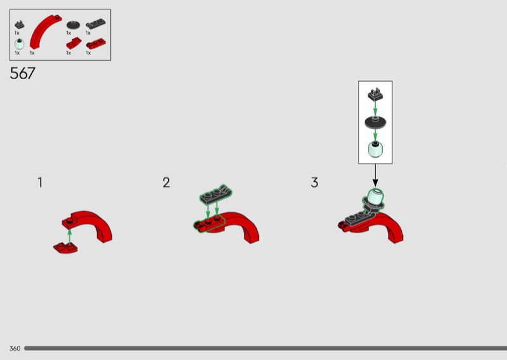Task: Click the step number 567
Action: point(22,73)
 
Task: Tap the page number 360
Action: point(15,349)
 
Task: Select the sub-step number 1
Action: point(40,183)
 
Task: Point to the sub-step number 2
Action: point(166,183)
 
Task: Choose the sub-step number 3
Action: point(314,183)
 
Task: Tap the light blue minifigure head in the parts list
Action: point(20,44)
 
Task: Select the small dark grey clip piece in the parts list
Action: point(20,25)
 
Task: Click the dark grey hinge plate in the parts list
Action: point(96,24)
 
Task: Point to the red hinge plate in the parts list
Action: point(96,44)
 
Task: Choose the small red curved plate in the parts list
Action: point(74,43)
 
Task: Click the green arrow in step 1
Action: point(70,236)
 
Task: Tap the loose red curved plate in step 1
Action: point(66,248)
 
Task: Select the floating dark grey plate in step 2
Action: point(216,194)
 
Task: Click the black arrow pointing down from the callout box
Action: point(375,176)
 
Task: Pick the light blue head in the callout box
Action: point(375,150)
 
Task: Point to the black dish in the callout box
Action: point(375,122)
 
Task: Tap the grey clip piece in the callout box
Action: point(375,94)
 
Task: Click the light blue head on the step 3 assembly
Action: point(376,197)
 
